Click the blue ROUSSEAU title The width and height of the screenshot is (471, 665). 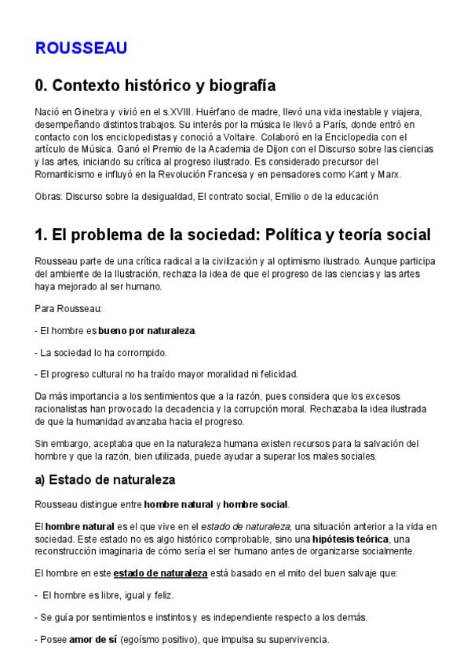click(81, 48)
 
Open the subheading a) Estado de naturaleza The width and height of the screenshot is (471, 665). click(105, 479)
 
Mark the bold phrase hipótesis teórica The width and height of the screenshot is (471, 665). click(349, 540)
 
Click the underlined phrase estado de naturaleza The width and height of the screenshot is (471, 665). click(160, 573)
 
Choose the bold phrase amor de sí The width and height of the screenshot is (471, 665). click(92, 640)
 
